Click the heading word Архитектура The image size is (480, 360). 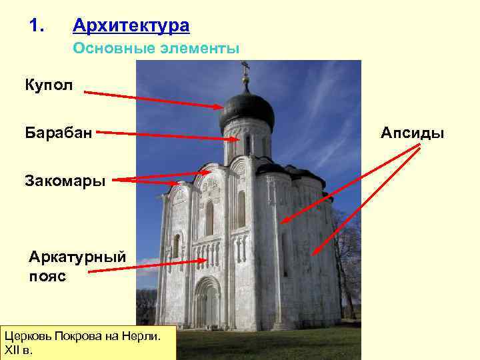tap(131, 26)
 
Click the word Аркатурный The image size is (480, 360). tap(77, 257)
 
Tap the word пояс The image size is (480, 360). tap(48, 275)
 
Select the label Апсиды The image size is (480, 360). tap(412, 133)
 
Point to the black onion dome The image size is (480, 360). tap(247, 109)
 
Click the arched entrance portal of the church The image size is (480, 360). tap(207, 303)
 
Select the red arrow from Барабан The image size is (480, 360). tap(167, 136)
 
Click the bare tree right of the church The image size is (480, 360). tap(347, 260)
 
